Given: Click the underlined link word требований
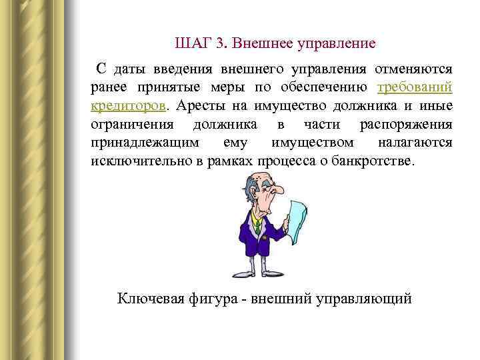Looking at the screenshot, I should coord(415,87).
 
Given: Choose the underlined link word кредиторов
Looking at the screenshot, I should coord(129,106).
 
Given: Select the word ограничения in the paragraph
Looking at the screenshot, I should coord(132,125).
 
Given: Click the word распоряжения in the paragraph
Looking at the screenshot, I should coord(406,125).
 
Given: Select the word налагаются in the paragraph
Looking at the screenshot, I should coord(415,143).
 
